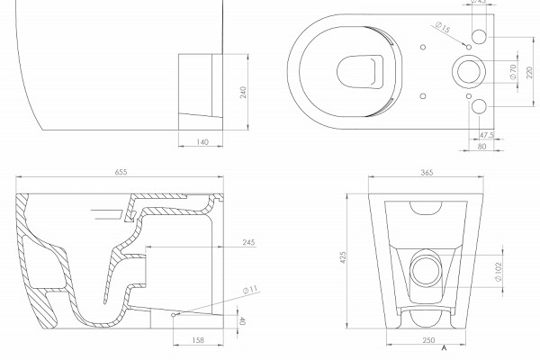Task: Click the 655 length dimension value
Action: (x=121, y=172)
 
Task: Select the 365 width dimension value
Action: (x=427, y=173)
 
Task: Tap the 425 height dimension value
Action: (x=343, y=257)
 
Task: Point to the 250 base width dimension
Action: (x=428, y=340)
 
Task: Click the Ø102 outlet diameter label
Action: (x=499, y=272)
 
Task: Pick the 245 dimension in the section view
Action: (x=248, y=242)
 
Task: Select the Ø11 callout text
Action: (x=250, y=290)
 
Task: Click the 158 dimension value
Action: (x=198, y=340)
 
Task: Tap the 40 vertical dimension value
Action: (x=243, y=321)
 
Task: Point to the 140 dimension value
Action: (x=202, y=142)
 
